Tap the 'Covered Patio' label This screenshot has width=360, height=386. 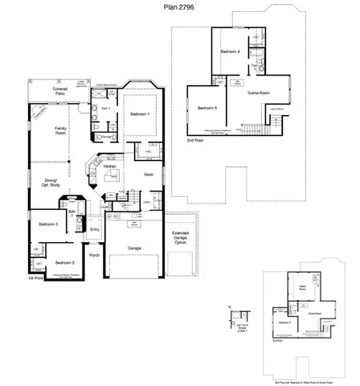click(60, 91)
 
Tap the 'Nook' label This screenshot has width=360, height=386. click(149, 174)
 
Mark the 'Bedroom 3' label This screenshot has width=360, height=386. click(47, 224)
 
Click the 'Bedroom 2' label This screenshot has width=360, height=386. click(64, 262)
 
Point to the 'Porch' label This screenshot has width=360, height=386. click(94, 255)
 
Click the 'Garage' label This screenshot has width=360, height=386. click(134, 248)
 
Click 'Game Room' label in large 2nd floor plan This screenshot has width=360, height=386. click(258, 93)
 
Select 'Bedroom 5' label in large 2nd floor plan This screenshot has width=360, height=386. click(207, 108)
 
